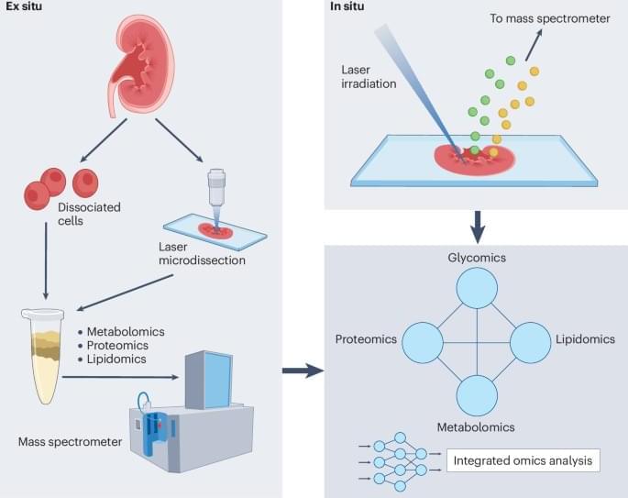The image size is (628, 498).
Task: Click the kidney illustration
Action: tap(148, 70)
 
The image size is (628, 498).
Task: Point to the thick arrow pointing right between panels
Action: tap(303, 371)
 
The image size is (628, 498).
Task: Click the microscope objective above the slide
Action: tap(215, 189)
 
